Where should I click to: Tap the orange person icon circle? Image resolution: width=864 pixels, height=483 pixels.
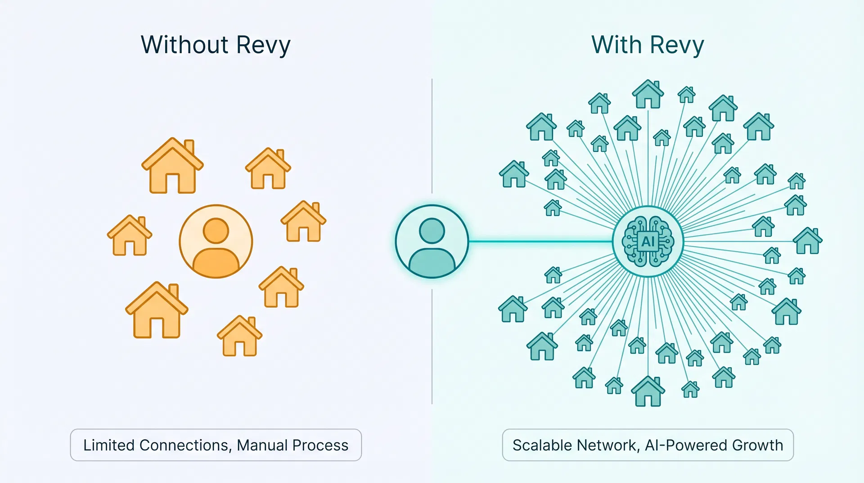click(216, 241)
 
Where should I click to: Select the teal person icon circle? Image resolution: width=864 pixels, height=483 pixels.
click(432, 241)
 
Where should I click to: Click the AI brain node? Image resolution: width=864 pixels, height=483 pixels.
click(648, 241)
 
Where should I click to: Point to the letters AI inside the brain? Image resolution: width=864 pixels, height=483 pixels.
click(648, 241)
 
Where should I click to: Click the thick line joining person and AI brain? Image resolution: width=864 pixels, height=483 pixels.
click(540, 241)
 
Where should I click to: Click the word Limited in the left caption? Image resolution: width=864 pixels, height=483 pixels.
click(109, 445)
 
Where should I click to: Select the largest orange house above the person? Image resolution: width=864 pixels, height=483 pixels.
click(173, 168)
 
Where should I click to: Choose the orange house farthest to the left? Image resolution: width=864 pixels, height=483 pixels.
click(130, 237)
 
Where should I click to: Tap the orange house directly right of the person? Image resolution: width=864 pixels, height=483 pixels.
click(303, 223)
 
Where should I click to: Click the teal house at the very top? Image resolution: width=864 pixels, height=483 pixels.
click(648, 95)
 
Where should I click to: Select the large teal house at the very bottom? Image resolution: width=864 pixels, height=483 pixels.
click(648, 392)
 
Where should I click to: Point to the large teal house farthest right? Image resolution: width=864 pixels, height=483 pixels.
click(808, 241)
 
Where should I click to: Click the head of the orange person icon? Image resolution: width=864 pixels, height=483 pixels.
click(216, 231)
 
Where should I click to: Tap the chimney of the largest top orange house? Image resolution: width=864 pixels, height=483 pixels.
click(189, 147)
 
